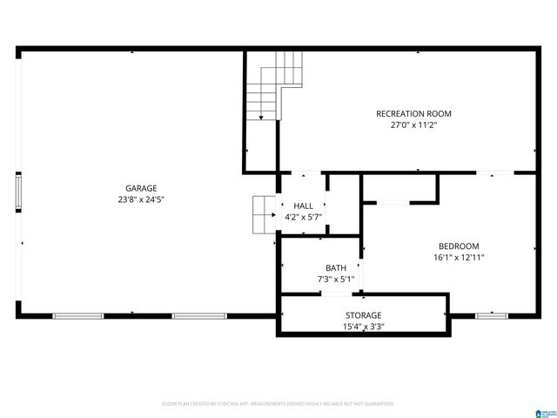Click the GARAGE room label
[x=141, y=188]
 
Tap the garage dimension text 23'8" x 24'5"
[x=141, y=199]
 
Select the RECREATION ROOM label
[x=413, y=113]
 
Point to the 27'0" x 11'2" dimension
[x=413, y=125]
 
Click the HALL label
[x=303, y=206]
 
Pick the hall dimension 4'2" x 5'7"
[x=303, y=217]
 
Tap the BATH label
[x=336, y=267]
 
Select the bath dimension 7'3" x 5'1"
[x=336, y=279]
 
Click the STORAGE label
[x=363, y=315]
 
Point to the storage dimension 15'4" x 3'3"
[x=363, y=327]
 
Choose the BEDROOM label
[x=458, y=246]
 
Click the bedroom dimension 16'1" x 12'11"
[x=458, y=258]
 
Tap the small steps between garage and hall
[x=264, y=215]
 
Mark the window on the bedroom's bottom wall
[x=491, y=315]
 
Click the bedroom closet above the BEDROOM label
[x=399, y=188]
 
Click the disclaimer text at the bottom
[x=278, y=404]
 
